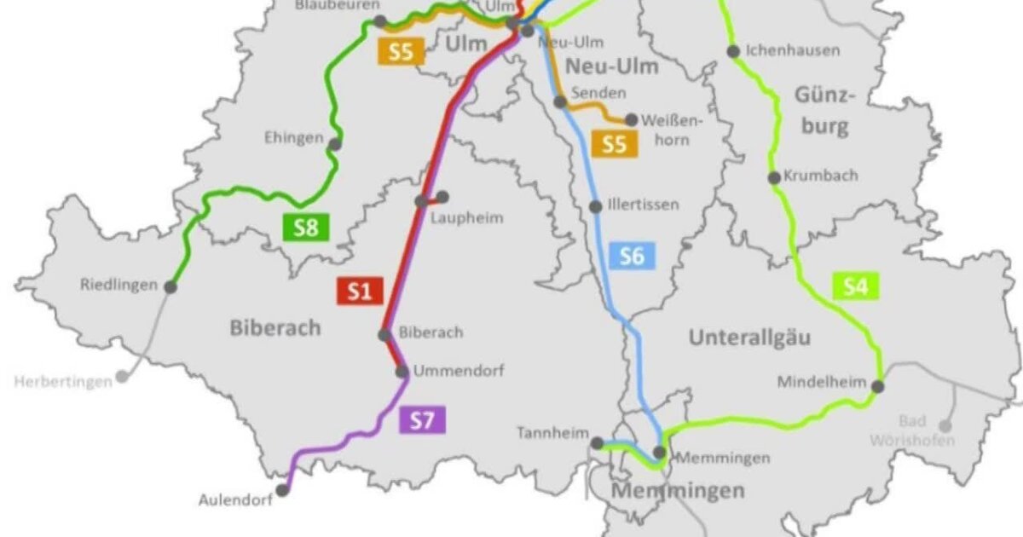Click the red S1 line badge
pos(359,291)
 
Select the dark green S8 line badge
pos(305,228)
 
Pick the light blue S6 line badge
pos(632,255)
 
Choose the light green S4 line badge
pos(855,286)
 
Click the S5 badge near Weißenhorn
pos(614,143)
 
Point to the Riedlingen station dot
pos(171,286)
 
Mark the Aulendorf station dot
pos(282,490)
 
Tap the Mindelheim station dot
pos(878,386)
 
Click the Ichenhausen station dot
pos(733,51)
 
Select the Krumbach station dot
pos(774,178)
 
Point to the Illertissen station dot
pos(596,206)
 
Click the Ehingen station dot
pos(335,144)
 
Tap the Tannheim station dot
pos(598,442)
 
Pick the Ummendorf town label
pos(459,372)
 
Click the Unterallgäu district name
pos(749,338)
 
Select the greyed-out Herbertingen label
pos(63,382)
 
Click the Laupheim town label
pos(467,217)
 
